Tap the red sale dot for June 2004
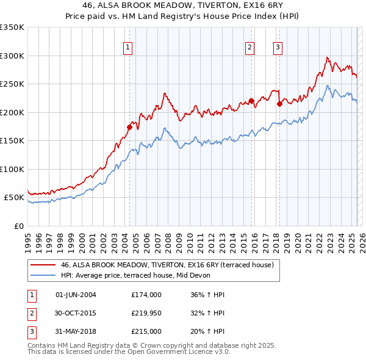(x=129, y=127)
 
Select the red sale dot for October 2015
(x=251, y=101)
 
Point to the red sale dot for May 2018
(x=279, y=104)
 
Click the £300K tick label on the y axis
(x=12, y=56)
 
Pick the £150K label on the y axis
(x=12, y=141)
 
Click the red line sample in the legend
(x=42, y=265)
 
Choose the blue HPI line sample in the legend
(x=42, y=275)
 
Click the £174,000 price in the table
(x=146, y=295)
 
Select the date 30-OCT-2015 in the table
(x=76, y=313)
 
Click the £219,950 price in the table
(x=146, y=313)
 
